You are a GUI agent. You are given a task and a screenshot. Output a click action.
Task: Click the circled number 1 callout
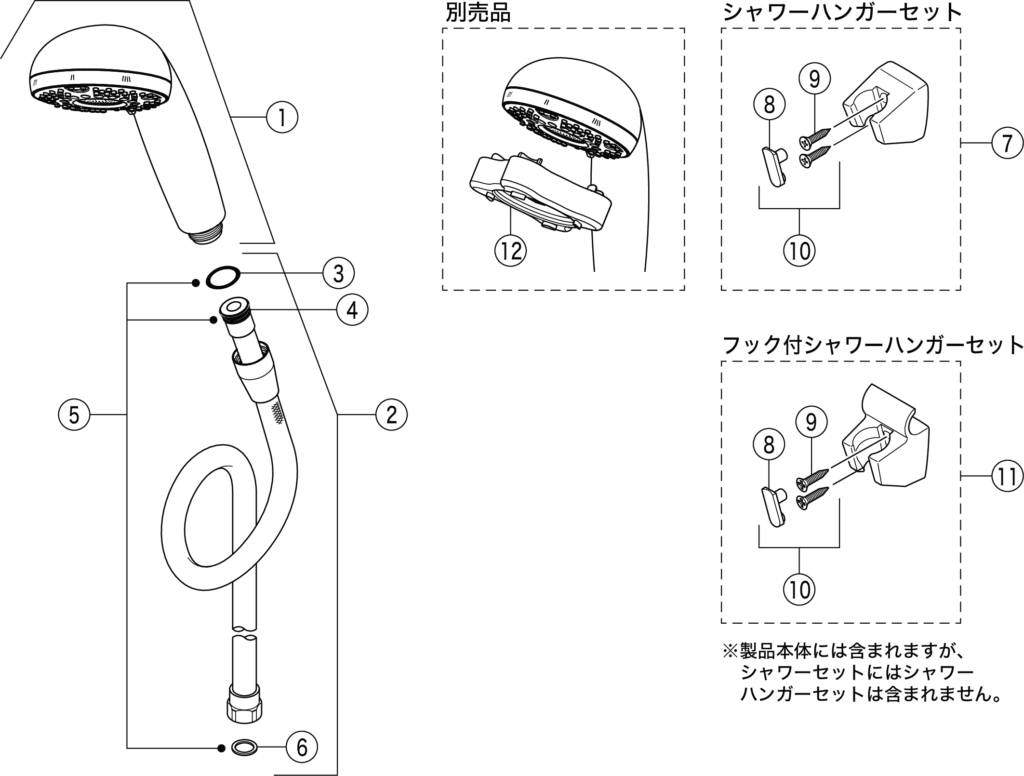pos(282,117)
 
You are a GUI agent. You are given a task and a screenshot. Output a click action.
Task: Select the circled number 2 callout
pos(391,415)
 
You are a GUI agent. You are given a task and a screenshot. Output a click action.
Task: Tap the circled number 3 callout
pos(339,273)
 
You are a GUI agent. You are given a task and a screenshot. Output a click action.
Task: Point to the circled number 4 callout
pos(352,309)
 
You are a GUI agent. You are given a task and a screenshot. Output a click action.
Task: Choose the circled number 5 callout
pos(74,415)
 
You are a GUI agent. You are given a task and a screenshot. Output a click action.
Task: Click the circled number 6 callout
pos(302,748)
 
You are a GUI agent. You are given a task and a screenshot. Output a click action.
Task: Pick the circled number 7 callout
pos(1007,143)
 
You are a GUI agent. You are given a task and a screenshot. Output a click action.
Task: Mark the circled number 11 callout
pos(1007,476)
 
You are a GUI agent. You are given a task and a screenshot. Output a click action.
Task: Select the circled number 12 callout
pos(511,251)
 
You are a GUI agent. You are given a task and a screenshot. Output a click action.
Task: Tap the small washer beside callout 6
pos(244,748)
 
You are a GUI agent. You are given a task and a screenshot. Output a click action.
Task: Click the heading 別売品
pos(478,13)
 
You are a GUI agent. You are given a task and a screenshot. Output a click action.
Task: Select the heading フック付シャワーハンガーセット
pos(873,345)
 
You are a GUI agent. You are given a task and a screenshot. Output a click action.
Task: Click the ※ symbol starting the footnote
pos(730,652)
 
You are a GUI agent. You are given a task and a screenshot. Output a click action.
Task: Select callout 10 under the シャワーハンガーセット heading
pos(799,250)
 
